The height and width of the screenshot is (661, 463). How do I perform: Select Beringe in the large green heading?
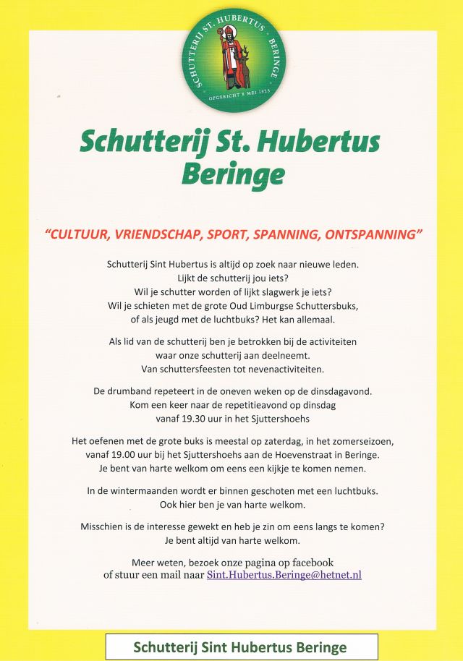point(233,174)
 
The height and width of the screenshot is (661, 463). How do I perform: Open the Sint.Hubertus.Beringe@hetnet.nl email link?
point(284,576)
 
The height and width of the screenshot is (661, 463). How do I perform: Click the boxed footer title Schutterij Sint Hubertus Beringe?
point(240,647)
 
